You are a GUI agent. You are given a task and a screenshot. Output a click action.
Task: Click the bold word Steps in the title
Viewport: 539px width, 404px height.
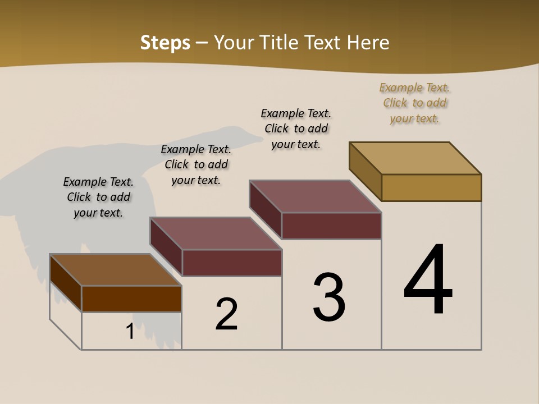point(165,43)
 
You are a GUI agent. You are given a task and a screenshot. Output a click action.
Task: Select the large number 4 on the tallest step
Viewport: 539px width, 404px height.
point(428,281)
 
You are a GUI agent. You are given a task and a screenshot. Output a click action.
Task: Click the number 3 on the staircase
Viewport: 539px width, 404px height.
point(329,297)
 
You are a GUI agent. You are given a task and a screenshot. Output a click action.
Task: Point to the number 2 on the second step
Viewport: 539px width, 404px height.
point(227,314)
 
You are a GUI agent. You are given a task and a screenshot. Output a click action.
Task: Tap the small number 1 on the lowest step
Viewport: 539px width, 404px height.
point(130,332)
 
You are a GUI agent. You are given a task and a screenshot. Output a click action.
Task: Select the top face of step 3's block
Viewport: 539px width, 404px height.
point(316,196)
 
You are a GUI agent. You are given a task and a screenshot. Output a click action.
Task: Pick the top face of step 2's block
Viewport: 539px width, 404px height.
point(216,233)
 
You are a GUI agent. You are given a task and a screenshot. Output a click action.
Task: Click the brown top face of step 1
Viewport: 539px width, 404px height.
point(116,270)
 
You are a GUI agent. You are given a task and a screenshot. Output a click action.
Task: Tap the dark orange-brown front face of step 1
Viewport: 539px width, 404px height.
point(131,299)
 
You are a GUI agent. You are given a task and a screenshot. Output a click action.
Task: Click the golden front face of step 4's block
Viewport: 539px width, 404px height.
point(431,187)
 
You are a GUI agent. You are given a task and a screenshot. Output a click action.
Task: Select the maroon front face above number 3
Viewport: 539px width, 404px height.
point(331,226)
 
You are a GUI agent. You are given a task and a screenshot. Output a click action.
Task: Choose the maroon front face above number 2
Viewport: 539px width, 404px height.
point(231,263)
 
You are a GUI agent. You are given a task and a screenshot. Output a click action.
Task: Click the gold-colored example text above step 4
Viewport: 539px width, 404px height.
point(414,103)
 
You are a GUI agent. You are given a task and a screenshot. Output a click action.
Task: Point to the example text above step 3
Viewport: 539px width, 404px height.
point(296,128)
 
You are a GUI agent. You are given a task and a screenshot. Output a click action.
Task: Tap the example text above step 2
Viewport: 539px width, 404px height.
point(196,164)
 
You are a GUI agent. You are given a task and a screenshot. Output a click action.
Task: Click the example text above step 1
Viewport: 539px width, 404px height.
point(98,197)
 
